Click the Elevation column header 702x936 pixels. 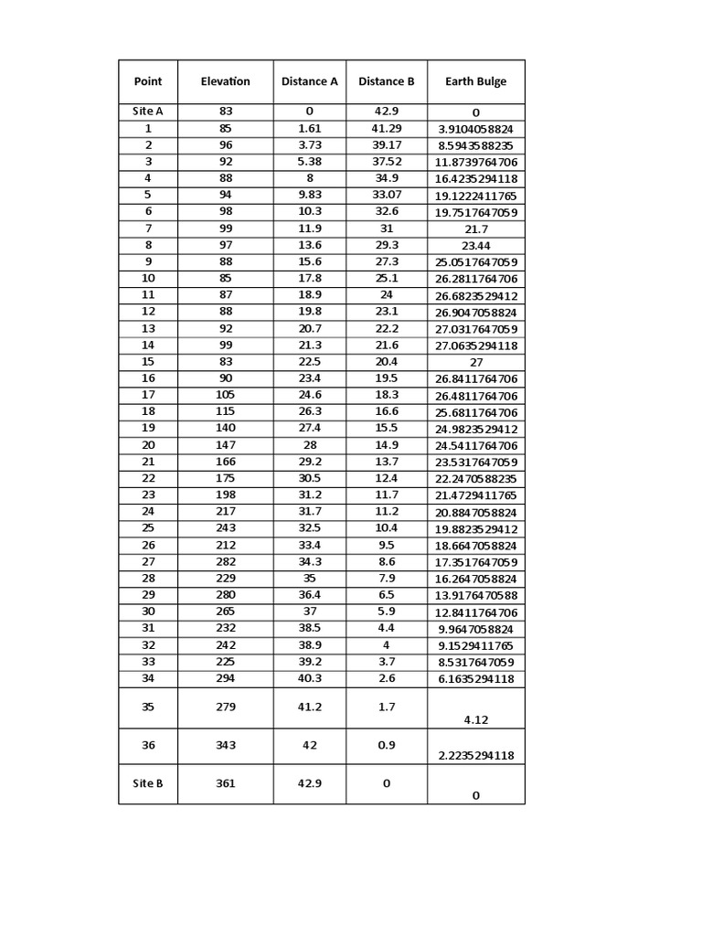point(225,81)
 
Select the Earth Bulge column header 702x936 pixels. point(475,81)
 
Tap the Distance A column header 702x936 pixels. point(309,81)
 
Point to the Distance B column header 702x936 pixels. point(386,81)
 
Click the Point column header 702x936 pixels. point(148,81)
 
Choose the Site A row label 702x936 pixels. point(148,112)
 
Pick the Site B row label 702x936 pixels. point(148,783)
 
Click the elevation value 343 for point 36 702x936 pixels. point(225,745)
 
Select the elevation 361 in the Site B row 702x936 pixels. point(225,783)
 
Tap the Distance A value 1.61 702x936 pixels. point(309,129)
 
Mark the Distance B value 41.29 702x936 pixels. point(386,129)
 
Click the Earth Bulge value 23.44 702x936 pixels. point(475,246)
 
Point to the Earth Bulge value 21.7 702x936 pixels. point(475,229)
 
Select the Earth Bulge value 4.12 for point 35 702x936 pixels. point(475,719)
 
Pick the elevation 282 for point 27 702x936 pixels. point(225,562)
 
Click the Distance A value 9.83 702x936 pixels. point(309,195)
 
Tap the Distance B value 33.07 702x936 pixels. point(386,195)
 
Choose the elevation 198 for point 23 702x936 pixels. point(225,495)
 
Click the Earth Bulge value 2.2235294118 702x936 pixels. point(475,755)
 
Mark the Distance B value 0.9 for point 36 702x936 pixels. point(386,745)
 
